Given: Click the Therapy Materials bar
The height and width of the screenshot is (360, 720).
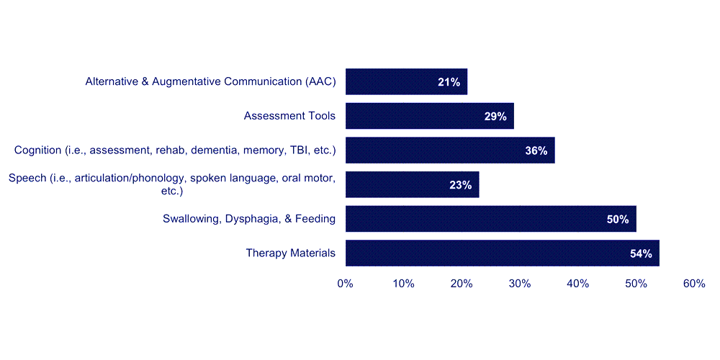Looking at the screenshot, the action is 503,253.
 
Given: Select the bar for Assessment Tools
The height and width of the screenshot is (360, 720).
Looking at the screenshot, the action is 430,116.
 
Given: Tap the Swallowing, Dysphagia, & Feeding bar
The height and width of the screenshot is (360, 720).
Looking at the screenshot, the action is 491,219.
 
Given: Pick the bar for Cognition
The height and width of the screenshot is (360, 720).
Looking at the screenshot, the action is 450,150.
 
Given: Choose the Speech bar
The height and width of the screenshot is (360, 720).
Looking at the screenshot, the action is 413,184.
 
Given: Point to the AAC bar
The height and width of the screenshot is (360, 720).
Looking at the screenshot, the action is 406,82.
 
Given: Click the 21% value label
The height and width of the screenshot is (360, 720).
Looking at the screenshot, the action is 449,82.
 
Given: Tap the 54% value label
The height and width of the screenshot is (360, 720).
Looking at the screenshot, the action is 641,253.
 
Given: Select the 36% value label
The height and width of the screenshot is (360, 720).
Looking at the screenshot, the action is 536,150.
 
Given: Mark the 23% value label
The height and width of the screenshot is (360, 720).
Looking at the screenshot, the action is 461,185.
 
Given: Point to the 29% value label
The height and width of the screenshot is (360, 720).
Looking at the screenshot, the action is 495,116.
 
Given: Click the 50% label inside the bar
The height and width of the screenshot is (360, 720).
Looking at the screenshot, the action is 618,220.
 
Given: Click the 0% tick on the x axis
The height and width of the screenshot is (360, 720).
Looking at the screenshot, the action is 346,284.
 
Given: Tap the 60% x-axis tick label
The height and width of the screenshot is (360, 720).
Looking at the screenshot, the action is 694,284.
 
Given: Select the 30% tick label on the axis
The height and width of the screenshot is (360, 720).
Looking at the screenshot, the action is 520,284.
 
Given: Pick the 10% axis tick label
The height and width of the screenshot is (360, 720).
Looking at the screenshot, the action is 404,284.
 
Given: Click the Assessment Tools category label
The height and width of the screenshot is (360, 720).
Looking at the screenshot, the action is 289,116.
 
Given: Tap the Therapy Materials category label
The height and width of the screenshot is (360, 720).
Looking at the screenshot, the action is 291,253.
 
